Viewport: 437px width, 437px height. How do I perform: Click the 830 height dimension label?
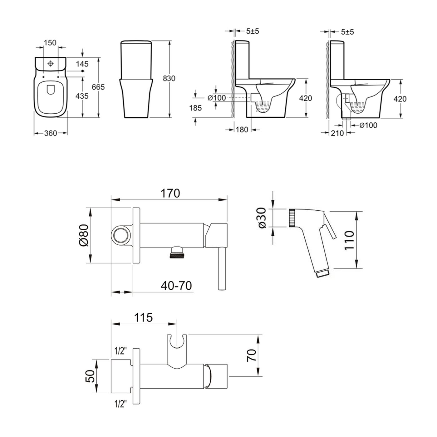tap(169, 78)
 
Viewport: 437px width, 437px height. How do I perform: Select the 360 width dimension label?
tap(51, 133)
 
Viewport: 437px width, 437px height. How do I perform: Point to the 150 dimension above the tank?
tap(50, 42)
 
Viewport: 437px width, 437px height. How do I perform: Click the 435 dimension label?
tap(82, 96)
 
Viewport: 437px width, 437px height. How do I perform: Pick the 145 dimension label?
tap(82, 64)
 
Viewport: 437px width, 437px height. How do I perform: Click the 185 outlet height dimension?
tap(195, 108)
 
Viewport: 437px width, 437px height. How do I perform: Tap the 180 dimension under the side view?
tap(242, 130)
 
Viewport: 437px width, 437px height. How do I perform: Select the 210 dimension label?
tap(337, 133)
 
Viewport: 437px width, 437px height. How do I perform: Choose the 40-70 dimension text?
tap(176, 285)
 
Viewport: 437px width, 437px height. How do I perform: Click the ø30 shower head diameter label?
tap(262, 218)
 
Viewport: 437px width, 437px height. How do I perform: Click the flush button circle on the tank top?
tap(50, 64)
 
